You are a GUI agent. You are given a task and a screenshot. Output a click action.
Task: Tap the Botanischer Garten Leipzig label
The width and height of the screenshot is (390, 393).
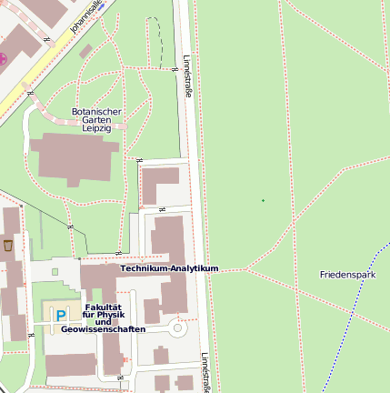96,120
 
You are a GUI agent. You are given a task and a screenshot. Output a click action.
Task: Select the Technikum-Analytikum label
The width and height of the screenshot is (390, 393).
170,269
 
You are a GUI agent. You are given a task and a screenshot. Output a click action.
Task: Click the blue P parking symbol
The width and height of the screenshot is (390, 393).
61,316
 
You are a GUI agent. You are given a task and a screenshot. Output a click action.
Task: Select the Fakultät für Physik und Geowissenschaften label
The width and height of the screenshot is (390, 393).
103,318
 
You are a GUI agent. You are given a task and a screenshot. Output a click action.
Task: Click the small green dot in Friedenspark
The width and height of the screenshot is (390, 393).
263,200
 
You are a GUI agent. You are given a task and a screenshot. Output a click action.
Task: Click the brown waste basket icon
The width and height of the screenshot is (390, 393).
8,246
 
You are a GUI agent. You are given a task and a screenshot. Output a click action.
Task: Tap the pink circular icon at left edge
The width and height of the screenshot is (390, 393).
3,59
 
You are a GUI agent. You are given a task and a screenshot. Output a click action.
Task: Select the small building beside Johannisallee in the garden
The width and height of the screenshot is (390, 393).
85,52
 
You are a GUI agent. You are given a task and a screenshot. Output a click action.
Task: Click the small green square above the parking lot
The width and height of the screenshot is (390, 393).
55,271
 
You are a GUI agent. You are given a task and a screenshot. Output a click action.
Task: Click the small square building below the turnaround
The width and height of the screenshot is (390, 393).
161,355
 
